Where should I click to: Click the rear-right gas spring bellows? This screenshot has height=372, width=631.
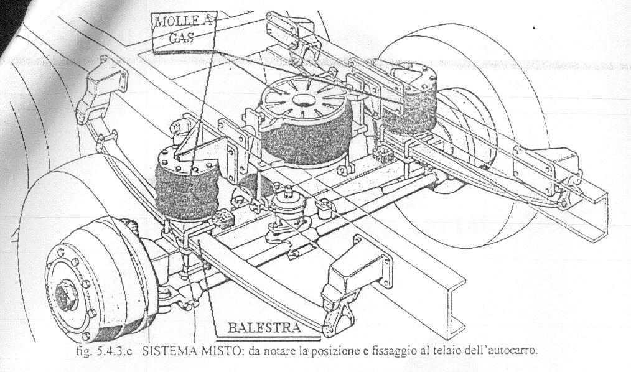[411, 106]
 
